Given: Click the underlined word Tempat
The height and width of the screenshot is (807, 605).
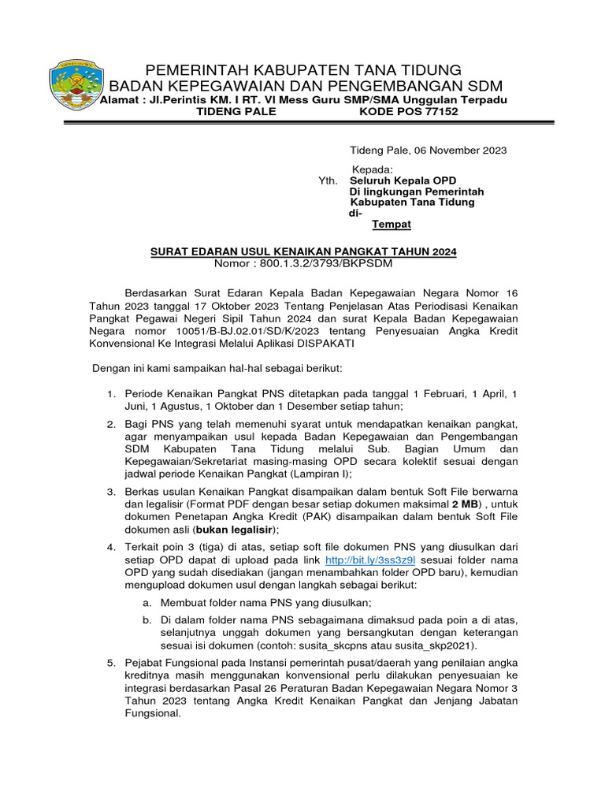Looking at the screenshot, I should (x=392, y=225).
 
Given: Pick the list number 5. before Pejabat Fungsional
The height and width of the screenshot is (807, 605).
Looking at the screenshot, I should (x=112, y=664).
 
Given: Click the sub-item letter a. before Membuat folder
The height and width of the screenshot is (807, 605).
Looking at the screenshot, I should (x=147, y=601).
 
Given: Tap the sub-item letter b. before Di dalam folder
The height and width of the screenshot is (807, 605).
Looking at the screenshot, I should (x=147, y=619).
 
